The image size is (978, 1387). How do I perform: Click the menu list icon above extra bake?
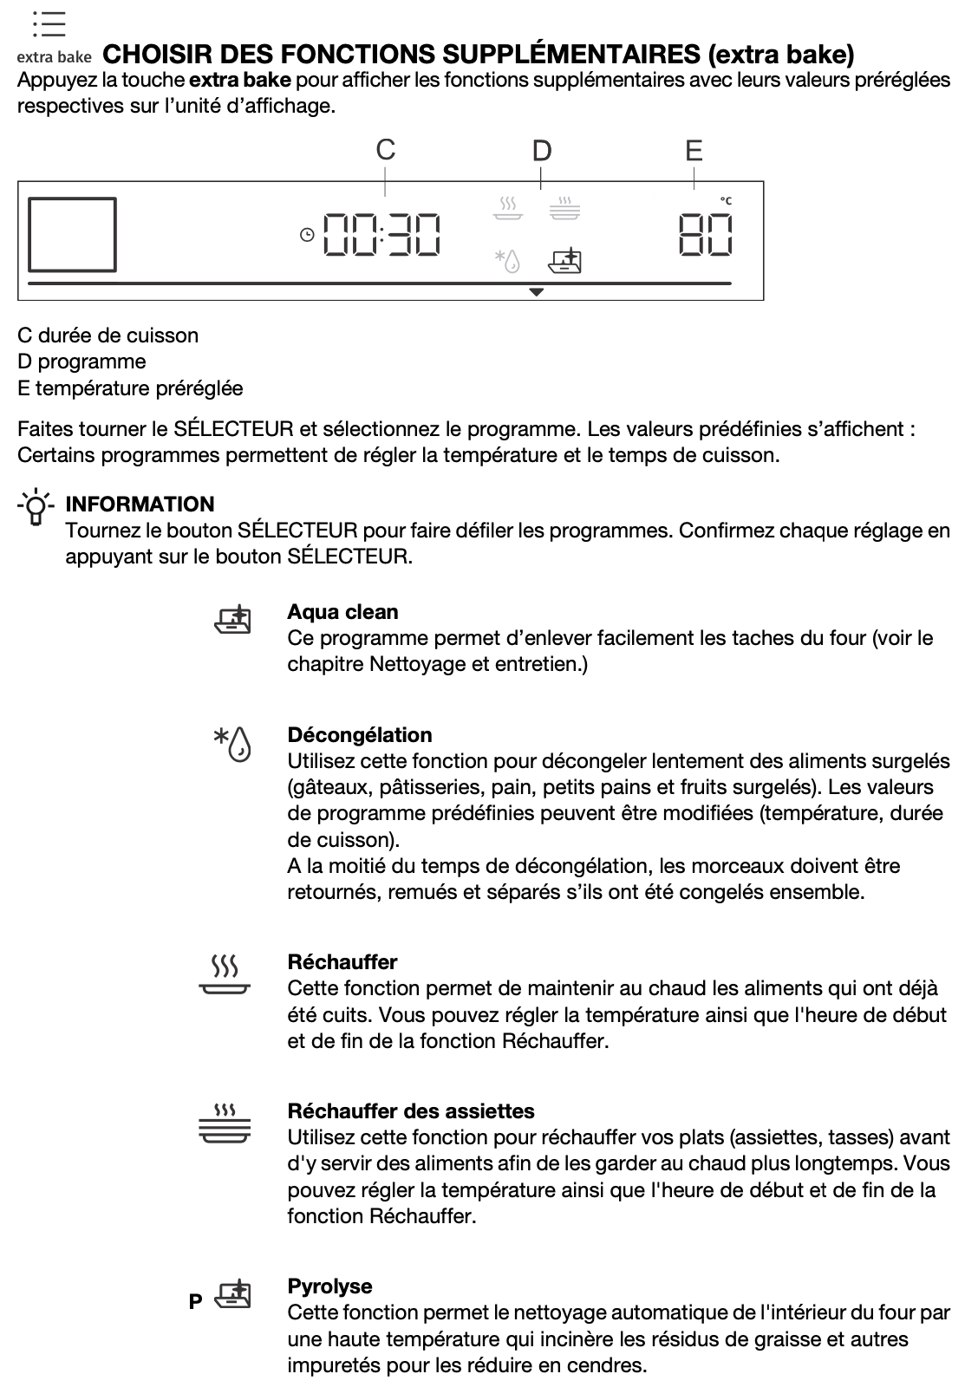49,24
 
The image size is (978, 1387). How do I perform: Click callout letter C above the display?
386,150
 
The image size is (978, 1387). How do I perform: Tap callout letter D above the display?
542,151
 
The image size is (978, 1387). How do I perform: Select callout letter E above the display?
694,151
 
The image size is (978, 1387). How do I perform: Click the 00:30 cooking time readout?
381,235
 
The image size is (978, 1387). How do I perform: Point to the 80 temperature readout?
705,235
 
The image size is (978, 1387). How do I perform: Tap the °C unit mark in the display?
726,201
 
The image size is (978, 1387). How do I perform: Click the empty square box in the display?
72,234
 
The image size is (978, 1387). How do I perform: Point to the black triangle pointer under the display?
537,293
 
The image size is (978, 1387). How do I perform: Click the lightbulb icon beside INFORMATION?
36,507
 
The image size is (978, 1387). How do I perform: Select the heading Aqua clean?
342,612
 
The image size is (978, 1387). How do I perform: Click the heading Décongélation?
359,735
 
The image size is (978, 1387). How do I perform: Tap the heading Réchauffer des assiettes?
411,1111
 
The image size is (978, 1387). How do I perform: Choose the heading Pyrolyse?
329,1286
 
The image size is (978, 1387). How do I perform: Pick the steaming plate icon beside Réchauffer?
225,976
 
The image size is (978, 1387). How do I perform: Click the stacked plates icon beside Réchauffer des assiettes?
225,1123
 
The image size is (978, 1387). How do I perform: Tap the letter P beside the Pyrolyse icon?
196,1301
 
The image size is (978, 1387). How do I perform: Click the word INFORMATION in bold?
140,505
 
